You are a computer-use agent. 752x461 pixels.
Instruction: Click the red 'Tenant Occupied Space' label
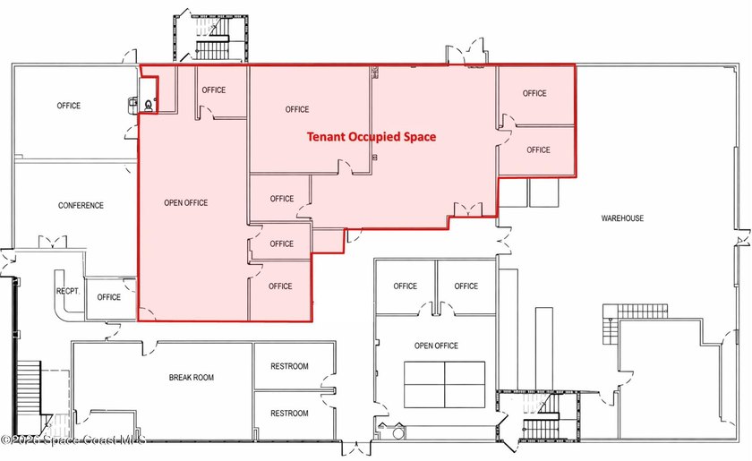[x=372, y=137]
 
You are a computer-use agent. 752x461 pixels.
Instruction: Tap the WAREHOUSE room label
[x=622, y=218]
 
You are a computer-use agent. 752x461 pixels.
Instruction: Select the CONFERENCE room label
[x=81, y=205]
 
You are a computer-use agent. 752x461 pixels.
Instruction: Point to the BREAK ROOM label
[x=192, y=378]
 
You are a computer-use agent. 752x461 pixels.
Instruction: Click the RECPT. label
[x=68, y=291]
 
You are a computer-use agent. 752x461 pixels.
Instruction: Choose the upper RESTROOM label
[x=289, y=366]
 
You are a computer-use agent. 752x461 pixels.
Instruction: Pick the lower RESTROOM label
[x=289, y=413]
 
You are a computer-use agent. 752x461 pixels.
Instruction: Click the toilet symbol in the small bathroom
[x=149, y=106]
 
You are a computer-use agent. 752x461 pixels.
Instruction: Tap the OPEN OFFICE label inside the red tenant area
[x=186, y=203]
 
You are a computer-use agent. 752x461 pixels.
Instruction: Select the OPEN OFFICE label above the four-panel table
[x=436, y=346]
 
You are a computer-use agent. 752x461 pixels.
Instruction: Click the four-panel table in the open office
[x=445, y=385]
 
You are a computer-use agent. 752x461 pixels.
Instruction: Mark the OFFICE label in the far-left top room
[x=69, y=106]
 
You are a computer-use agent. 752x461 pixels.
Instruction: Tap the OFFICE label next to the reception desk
[x=109, y=297]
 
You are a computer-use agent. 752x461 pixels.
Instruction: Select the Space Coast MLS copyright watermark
[x=73, y=440]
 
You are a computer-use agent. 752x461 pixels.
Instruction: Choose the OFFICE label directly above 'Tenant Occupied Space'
[x=297, y=109]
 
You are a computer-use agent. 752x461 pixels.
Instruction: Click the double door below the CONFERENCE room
[x=53, y=242]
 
